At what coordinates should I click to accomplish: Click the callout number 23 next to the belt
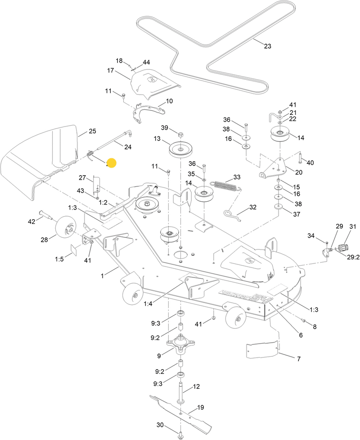[267, 46]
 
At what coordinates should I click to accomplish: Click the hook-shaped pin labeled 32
[232, 213]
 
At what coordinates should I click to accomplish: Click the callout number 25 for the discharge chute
[92, 131]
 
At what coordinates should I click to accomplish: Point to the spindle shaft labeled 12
[183, 392]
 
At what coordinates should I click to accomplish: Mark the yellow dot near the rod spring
[111, 163]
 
